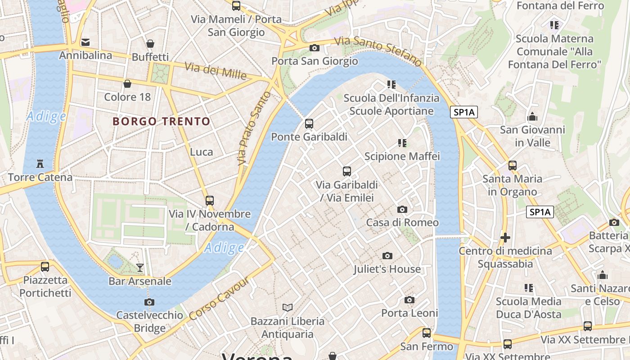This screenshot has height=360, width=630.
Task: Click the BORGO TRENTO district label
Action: tap(161, 121)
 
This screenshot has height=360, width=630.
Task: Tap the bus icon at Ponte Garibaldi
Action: tap(309, 123)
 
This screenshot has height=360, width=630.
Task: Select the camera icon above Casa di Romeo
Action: tap(402, 209)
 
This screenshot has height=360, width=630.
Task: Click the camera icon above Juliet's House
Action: tap(387, 256)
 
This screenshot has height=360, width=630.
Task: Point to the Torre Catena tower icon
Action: tap(40, 163)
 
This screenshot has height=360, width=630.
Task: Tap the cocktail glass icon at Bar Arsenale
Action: tap(140, 268)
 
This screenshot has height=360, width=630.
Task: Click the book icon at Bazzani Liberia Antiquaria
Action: tap(288, 307)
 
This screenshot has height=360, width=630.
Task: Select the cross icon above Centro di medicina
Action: tap(505, 237)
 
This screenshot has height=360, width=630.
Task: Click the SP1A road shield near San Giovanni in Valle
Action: tap(464, 112)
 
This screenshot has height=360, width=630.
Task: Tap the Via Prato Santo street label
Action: tap(254, 128)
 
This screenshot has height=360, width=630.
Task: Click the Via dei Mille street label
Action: tap(216, 71)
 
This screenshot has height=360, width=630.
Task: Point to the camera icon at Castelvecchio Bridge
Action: tap(149, 302)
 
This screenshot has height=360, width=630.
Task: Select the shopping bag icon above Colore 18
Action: tap(127, 84)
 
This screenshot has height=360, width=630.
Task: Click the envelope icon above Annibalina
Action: tap(85, 42)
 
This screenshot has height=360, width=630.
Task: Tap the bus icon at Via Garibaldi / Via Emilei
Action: tap(346, 171)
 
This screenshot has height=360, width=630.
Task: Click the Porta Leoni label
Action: tap(409, 313)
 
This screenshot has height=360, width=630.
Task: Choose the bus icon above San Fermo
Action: tap(426, 333)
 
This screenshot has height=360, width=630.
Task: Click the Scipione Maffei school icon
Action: tap(402, 143)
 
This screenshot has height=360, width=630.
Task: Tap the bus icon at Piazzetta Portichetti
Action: tap(45, 266)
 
